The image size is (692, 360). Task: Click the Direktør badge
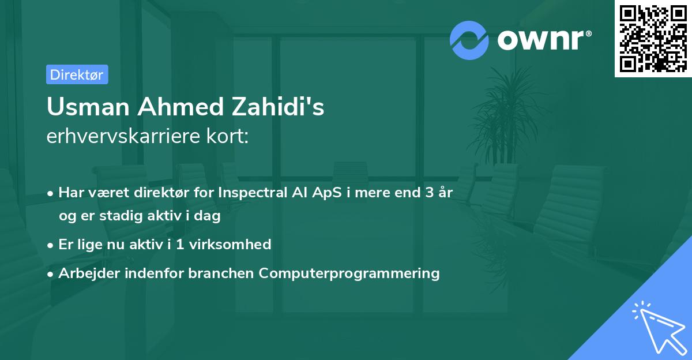tap(77, 74)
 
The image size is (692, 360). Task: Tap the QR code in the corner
tap(653, 38)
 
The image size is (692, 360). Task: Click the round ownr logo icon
tap(469, 40)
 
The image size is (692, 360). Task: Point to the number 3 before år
tap(429, 193)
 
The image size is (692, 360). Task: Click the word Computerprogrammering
tap(349, 273)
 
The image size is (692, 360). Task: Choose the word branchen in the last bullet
tap(221, 273)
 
